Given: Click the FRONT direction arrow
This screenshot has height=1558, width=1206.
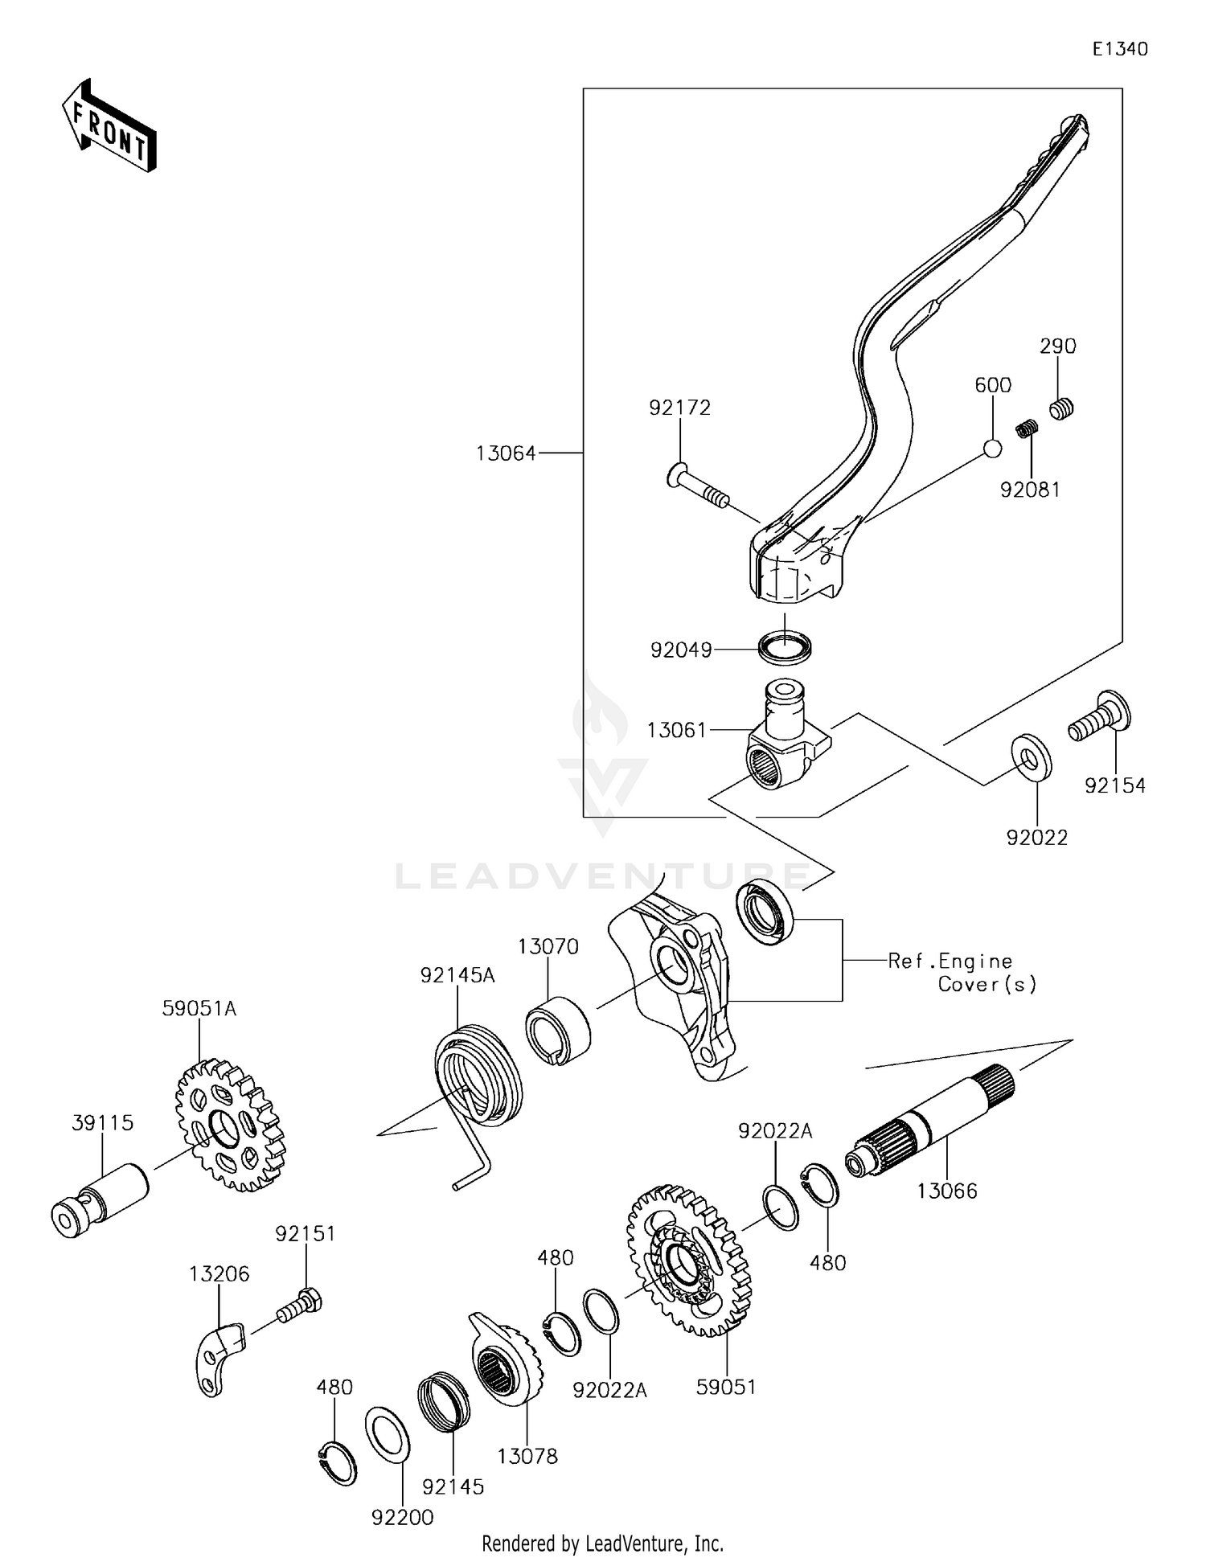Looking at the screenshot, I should pyautogui.click(x=109, y=127).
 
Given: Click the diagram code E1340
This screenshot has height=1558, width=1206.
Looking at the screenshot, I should pyautogui.click(x=1119, y=49).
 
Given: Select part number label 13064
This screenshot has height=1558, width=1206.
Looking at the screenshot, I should pyautogui.click(x=505, y=453).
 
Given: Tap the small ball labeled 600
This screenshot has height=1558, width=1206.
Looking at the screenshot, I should pyautogui.click(x=993, y=449).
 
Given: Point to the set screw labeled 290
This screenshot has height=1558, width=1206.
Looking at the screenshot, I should pyautogui.click(x=1061, y=408).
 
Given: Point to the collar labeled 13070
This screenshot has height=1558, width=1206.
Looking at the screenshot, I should pyautogui.click(x=557, y=1031).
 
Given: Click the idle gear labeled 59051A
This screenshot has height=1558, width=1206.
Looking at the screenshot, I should pyautogui.click(x=230, y=1125).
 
